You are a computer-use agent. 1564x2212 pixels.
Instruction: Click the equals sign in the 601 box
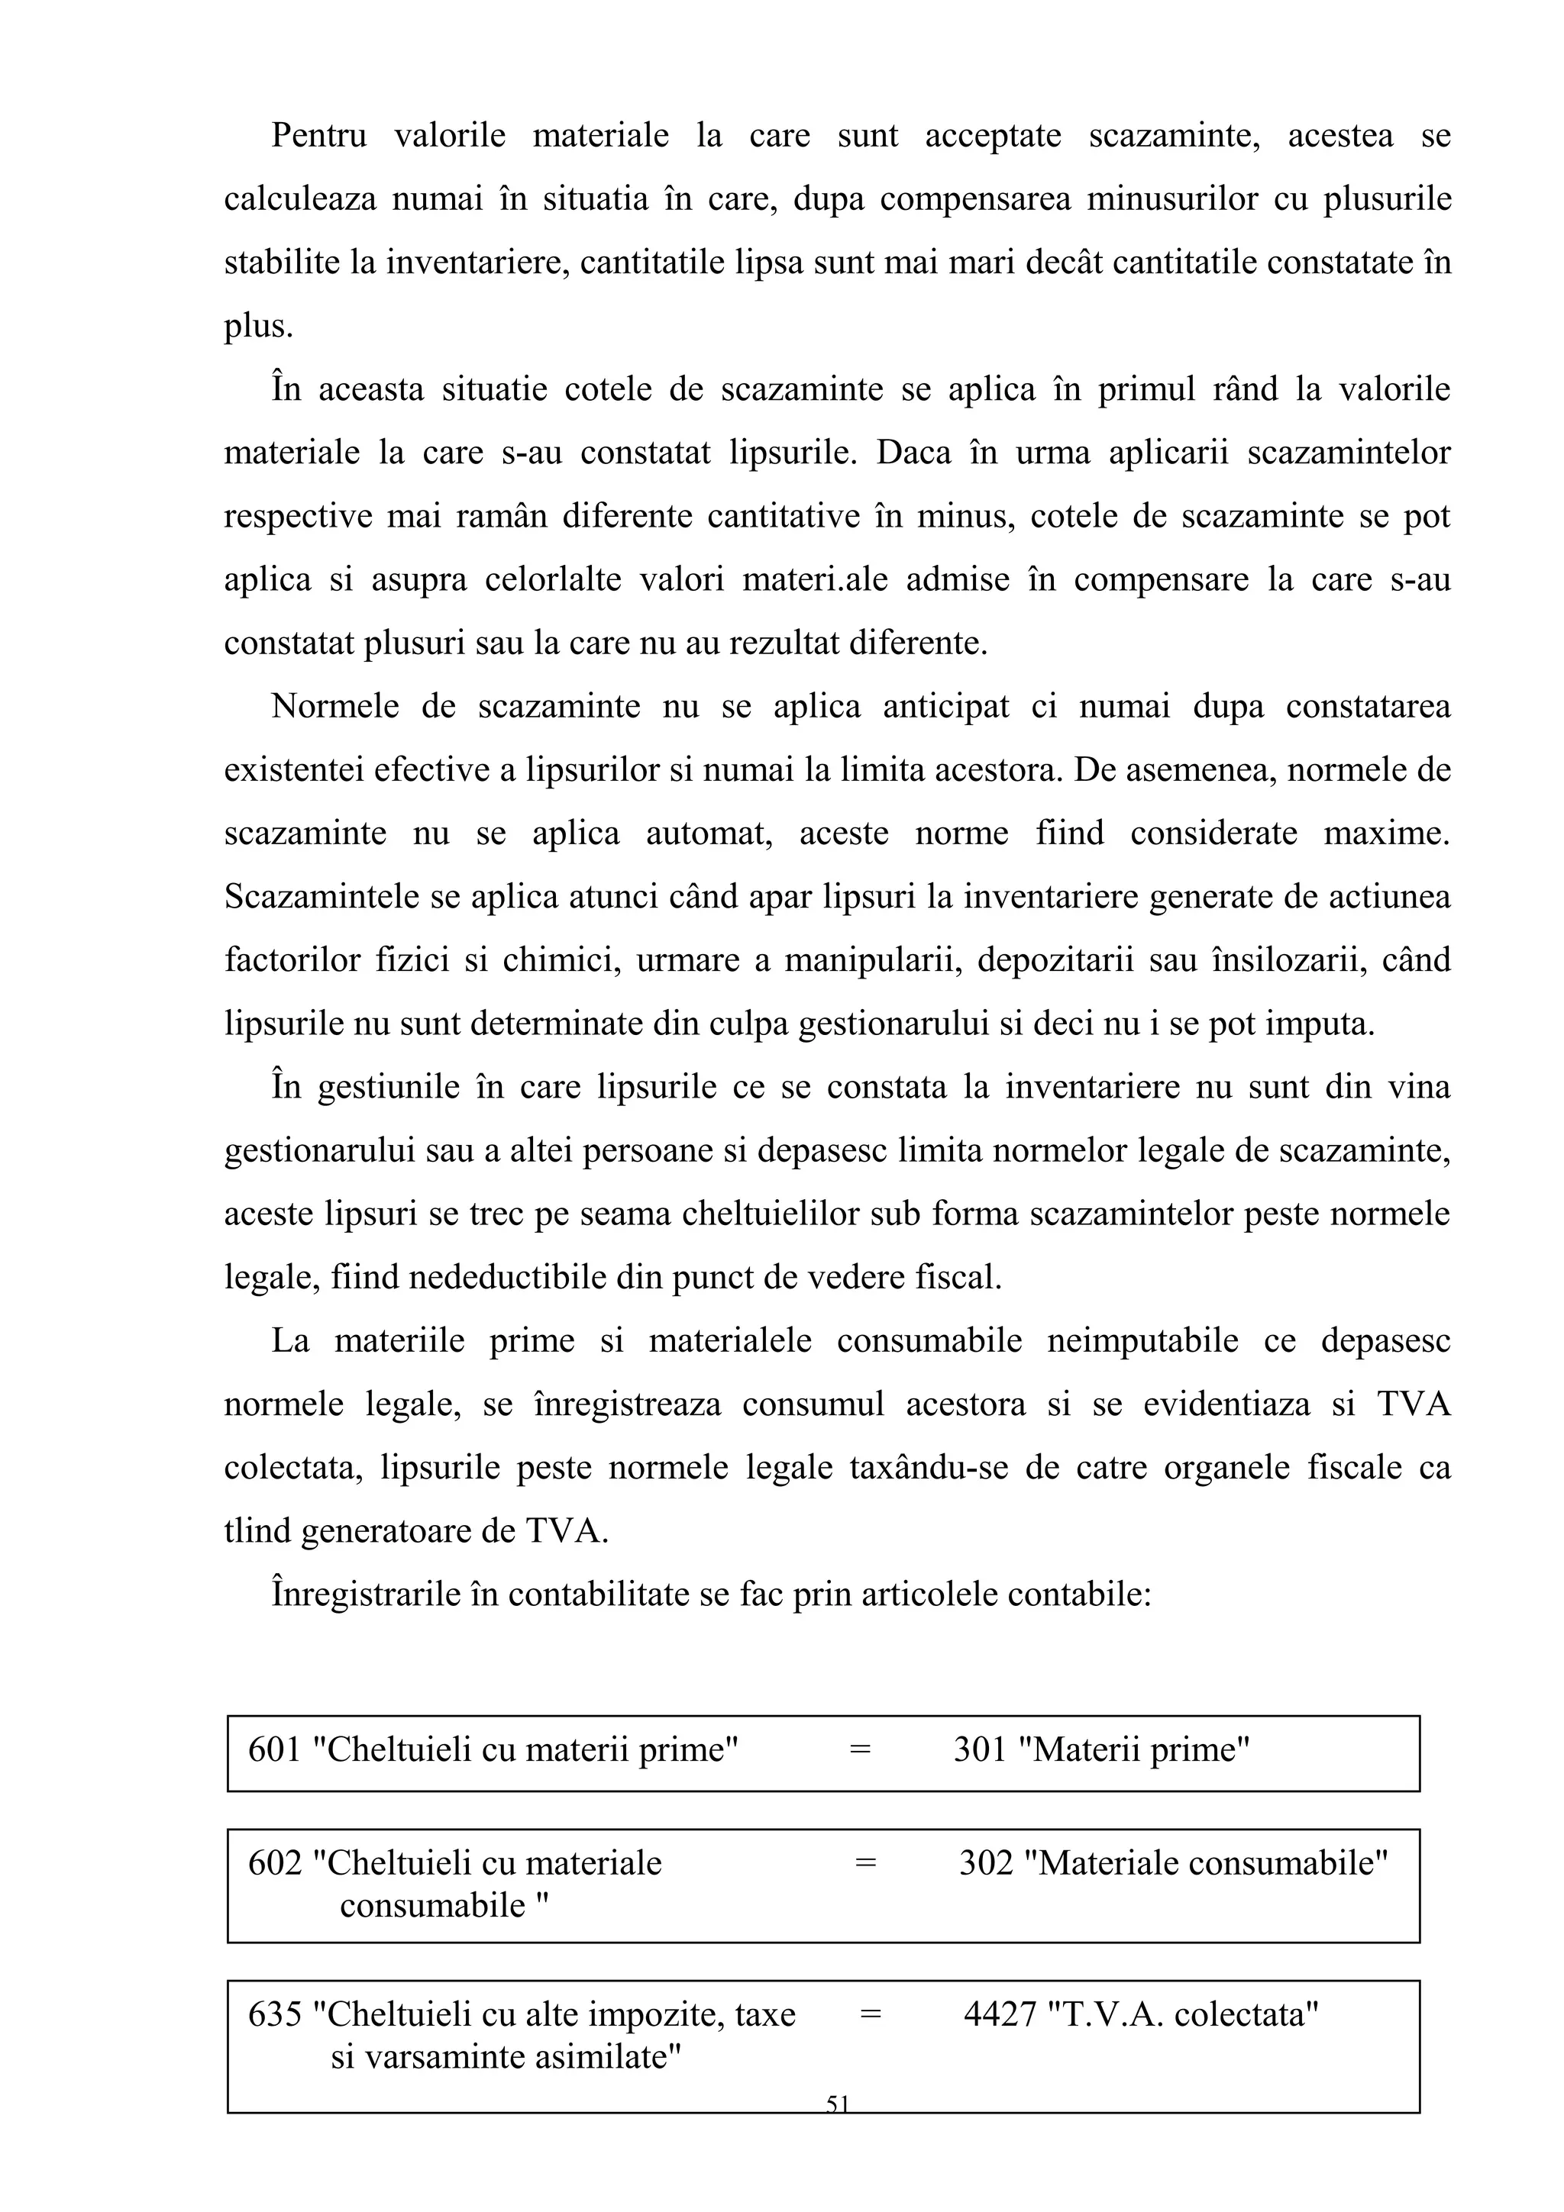pyautogui.click(x=860, y=1749)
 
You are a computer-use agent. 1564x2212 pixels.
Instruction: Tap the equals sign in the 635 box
pyautogui.click(x=870, y=2014)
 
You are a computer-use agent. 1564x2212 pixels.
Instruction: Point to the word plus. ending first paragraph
pyautogui.click(x=258, y=327)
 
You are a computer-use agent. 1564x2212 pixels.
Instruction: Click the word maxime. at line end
pyautogui.click(x=1387, y=834)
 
